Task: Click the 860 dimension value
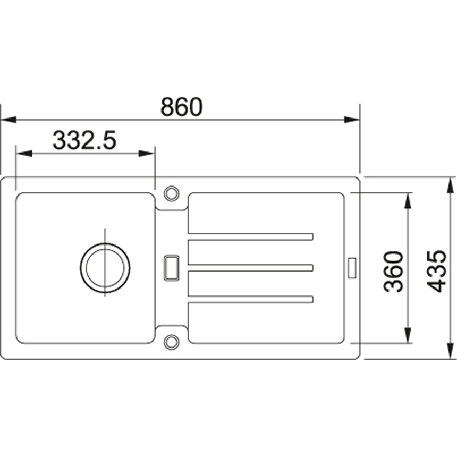pos(181,106)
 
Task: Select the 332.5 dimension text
pos(84,140)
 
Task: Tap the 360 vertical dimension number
pos(393,272)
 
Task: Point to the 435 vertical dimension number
pos(436,271)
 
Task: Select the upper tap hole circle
pos(171,193)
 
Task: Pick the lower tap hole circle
pos(171,342)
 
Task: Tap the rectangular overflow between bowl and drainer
pos(172,268)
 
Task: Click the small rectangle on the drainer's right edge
pos(352,268)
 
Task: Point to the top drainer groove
pos(251,236)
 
